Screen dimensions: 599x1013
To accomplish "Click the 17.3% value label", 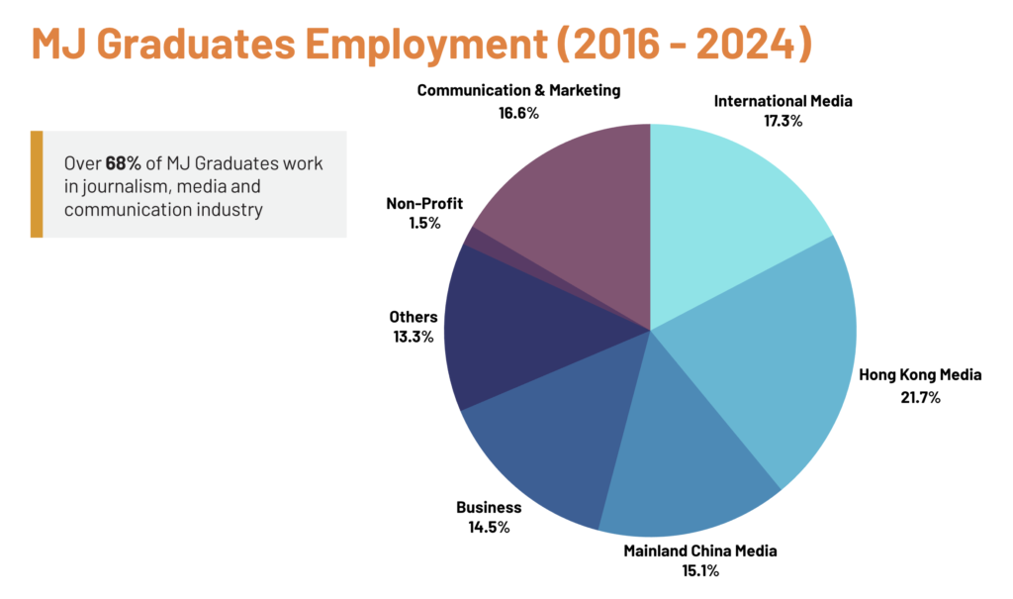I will pos(783,121).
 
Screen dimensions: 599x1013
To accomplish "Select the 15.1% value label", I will pos(699,570).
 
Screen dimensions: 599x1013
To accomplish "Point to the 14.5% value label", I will pos(489,527).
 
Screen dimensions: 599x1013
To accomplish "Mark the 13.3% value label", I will pos(414,337).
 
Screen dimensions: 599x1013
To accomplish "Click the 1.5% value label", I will pos(424,223).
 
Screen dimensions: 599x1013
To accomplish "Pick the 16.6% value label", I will pos(518,113).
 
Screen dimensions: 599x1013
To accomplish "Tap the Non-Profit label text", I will pos(424,204).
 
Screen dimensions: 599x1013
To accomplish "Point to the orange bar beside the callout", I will pos(37,184).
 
